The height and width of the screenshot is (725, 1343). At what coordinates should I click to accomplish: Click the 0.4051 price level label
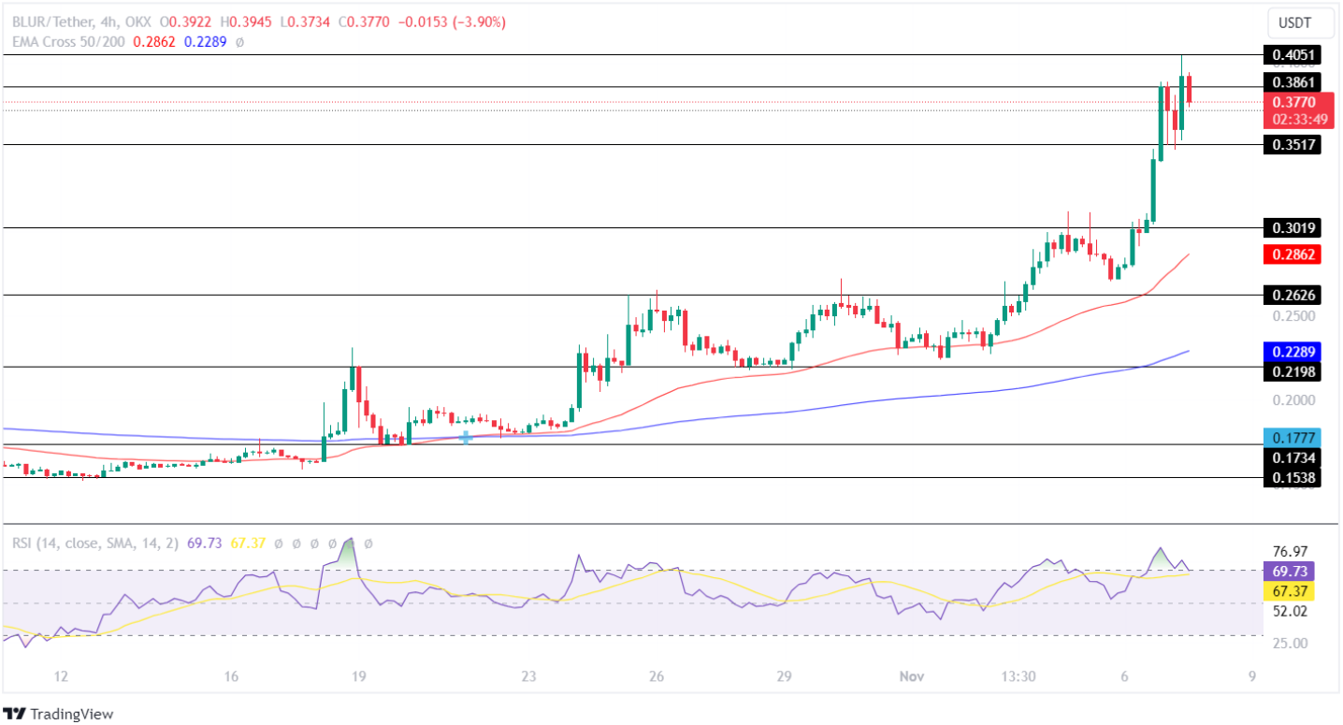tap(1292, 55)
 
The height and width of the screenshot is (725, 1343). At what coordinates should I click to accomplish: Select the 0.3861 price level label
tap(1292, 82)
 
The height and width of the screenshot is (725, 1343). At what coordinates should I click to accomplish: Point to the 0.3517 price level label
tap(1292, 145)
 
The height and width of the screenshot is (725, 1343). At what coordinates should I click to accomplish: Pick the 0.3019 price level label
tap(1292, 227)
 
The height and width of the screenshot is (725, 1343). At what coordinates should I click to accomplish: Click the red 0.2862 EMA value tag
tap(1292, 254)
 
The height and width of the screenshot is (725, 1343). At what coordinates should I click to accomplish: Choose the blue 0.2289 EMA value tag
tap(1292, 353)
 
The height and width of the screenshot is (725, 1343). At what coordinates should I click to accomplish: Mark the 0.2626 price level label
tap(1292, 296)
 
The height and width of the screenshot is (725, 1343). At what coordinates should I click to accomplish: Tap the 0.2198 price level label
tap(1292, 372)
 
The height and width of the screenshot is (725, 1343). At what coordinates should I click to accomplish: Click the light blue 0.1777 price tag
tap(1292, 437)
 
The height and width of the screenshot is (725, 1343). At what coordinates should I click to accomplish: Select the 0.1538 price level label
tap(1292, 478)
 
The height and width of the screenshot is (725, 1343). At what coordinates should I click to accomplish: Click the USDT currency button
tap(1294, 22)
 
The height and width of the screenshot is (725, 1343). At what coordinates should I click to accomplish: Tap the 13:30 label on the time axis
tap(1018, 676)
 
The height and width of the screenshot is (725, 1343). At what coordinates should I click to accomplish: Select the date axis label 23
tap(529, 676)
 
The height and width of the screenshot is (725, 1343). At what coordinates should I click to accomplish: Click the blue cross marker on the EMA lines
tap(465, 437)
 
